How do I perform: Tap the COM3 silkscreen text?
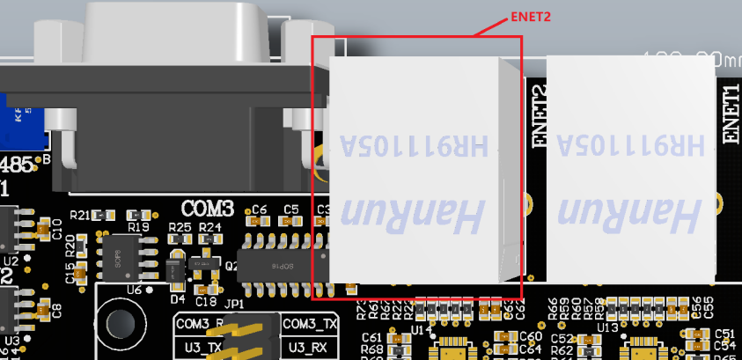click(x=208, y=209)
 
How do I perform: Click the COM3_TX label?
click(x=310, y=324)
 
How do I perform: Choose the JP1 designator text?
click(x=234, y=304)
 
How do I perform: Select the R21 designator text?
click(x=79, y=215)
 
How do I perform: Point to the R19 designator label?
click(x=137, y=227)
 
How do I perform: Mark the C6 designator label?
click(x=259, y=209)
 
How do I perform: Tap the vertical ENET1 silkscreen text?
click(x=731, y=114)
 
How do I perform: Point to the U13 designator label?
click(x=606, y=327)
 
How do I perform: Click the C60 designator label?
click(x=531, y=336)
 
